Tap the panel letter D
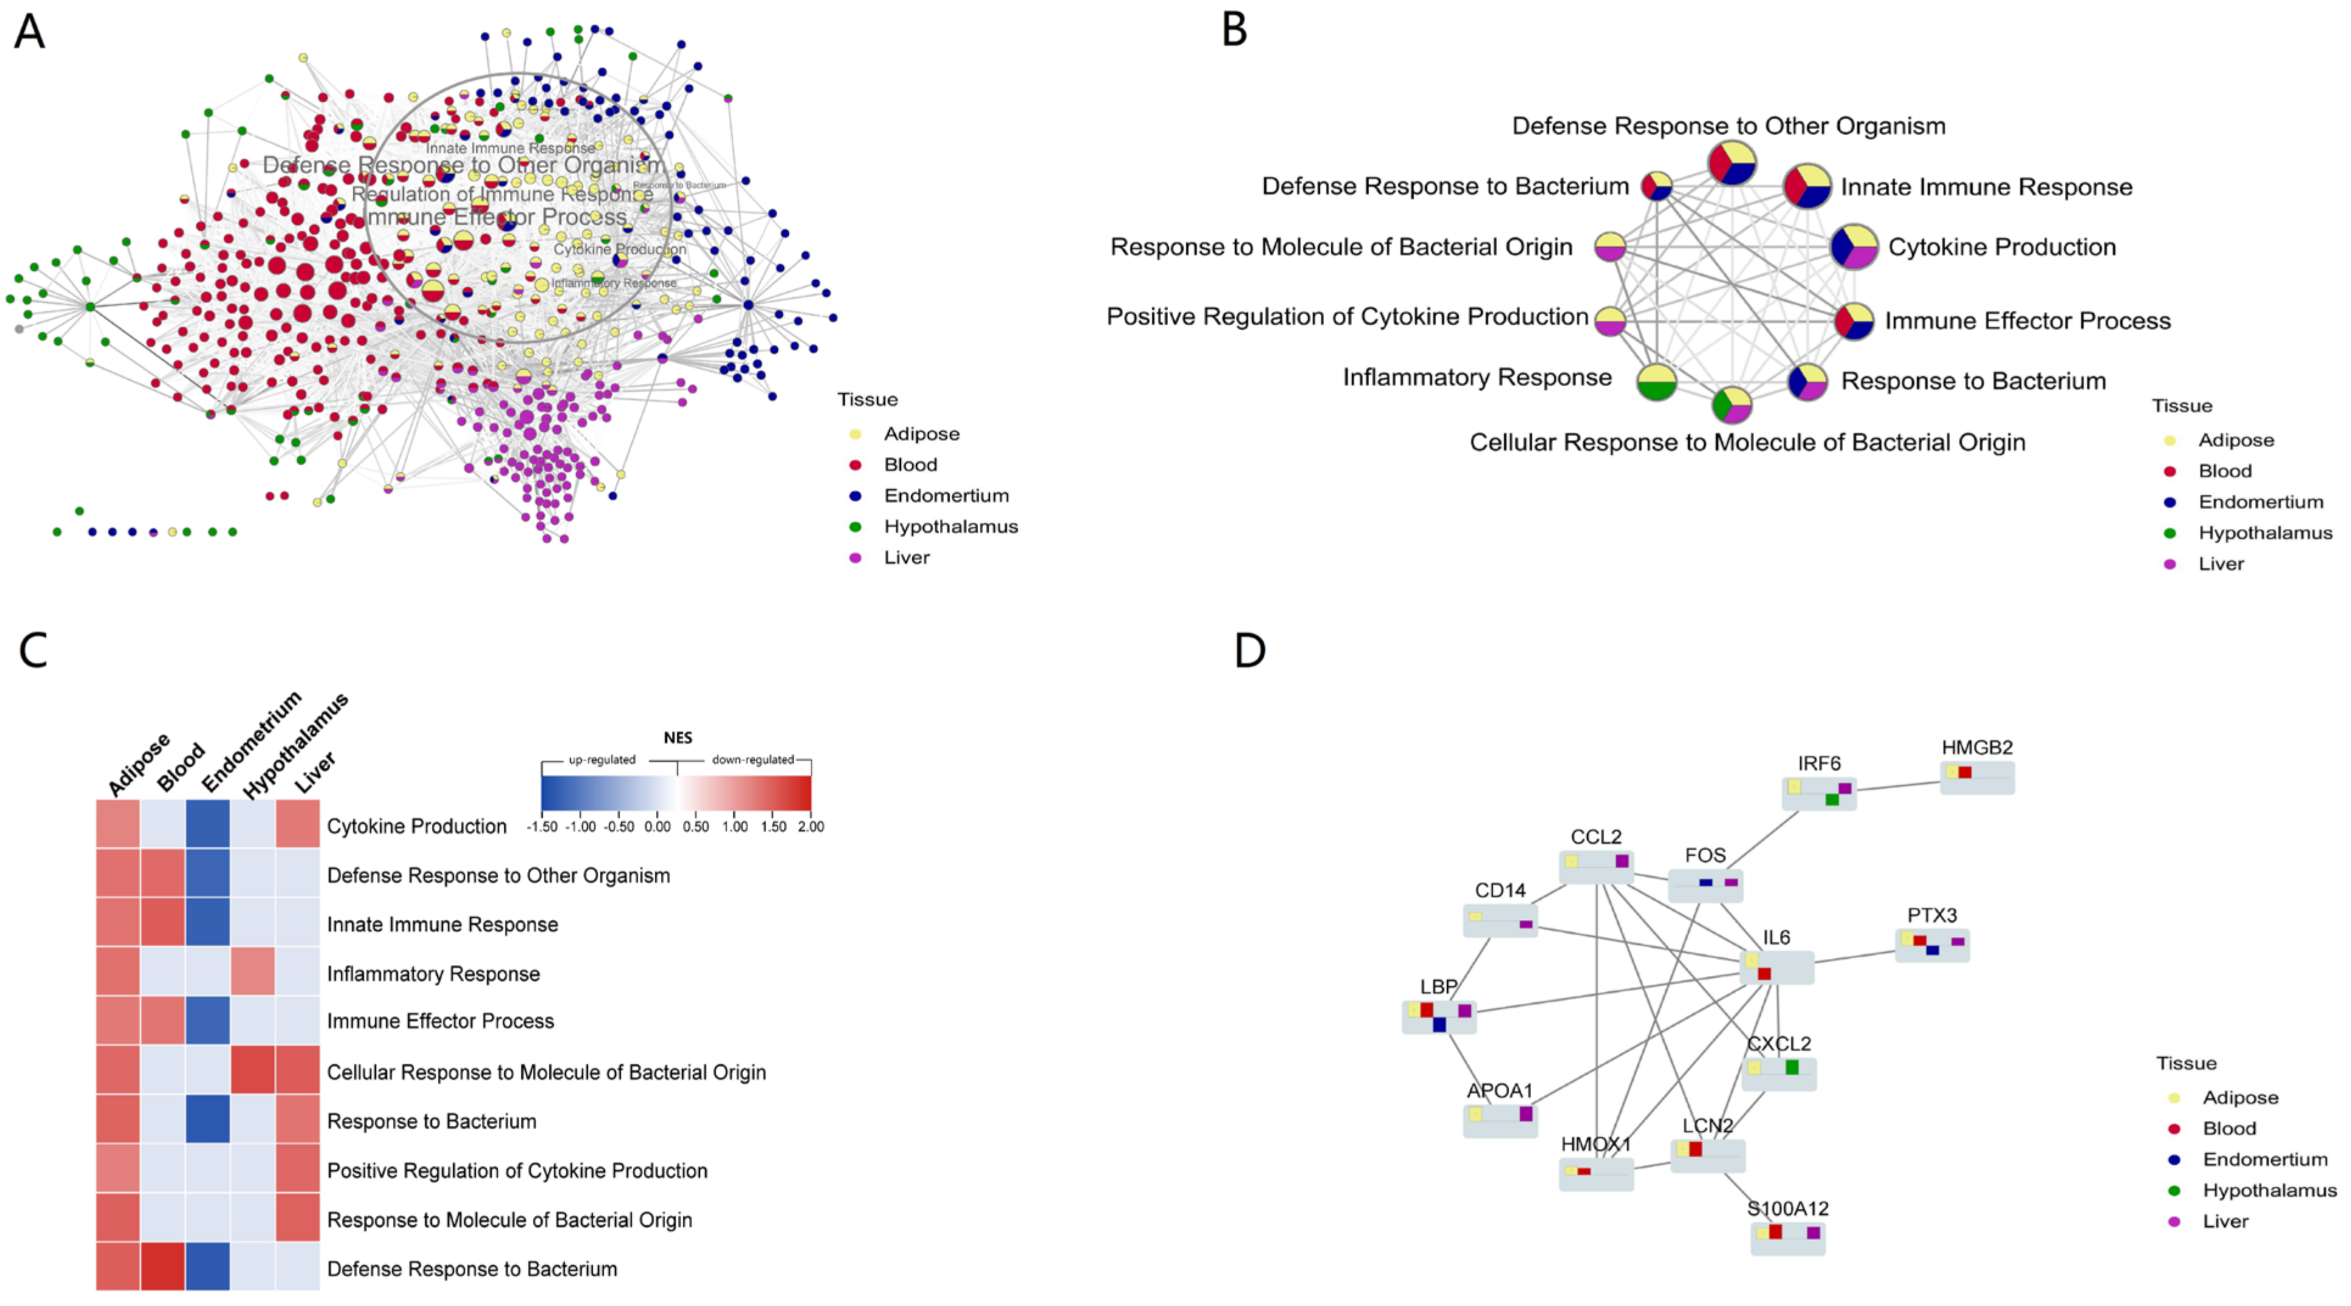click(x=1249, y=650)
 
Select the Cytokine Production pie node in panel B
click(x=1853, y=247)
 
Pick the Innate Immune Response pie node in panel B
click(x=1807, y=186)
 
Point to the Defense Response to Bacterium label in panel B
click(x=1445, y=186)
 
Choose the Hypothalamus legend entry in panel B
click(x=2265, y=533)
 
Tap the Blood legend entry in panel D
click(x=2228, y=1128)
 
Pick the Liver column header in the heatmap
click(x=315, y=772)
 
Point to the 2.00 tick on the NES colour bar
click(x=811, y=827)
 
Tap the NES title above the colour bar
click(x=677, y=738)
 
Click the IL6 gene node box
click(x=1776, y=967)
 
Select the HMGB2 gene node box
click(x=1977, y=778)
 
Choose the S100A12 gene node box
click(x=1787, y=1238)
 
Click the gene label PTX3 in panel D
click(x=1931, y=914)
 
